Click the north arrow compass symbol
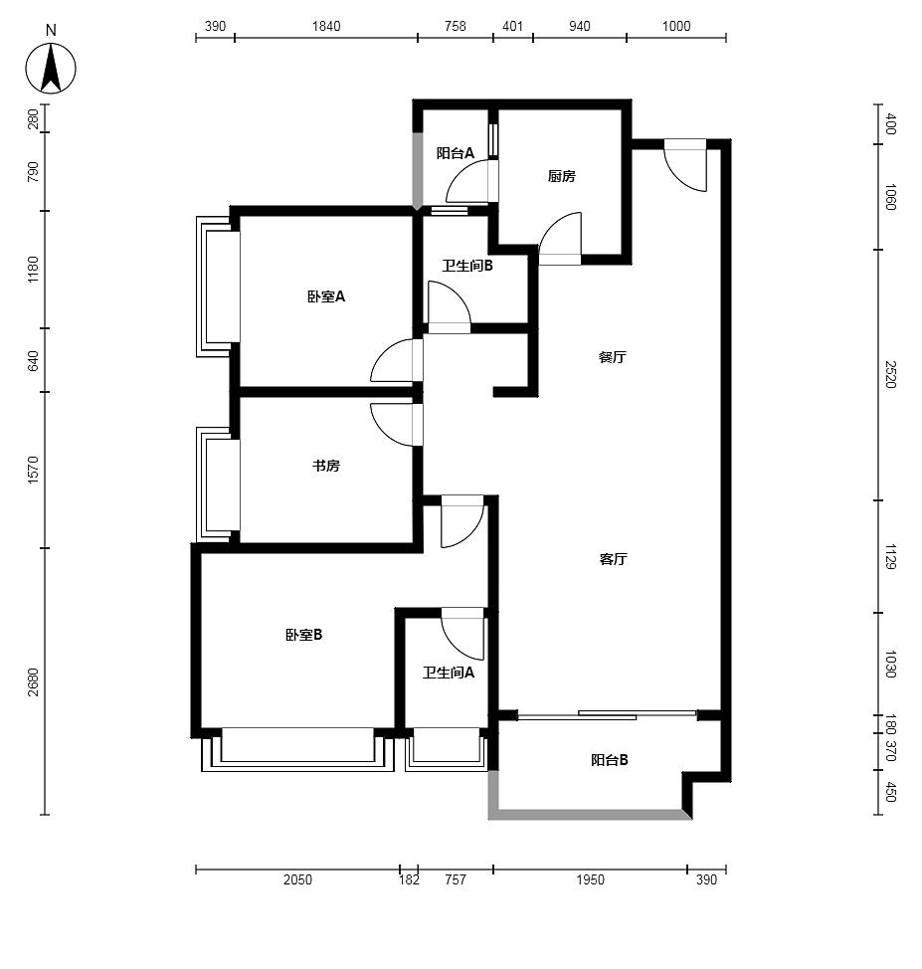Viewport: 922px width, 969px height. [x=51, y=68]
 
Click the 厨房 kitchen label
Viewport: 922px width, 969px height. [x=561, y=177]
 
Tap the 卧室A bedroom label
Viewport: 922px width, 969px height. [x=326, y=296]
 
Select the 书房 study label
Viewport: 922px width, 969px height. [x=325, y=466]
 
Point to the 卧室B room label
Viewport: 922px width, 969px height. [x=304, y=635]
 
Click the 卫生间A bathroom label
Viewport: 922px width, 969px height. [x=448, y=673]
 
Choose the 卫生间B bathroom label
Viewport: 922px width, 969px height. [x=467, y=266]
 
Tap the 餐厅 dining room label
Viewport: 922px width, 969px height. [x=613, y=357]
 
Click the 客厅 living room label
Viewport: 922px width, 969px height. [x=613, y=559]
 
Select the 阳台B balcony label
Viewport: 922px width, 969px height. [x=610, y=760]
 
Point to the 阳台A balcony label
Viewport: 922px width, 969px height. [x=456, y=152]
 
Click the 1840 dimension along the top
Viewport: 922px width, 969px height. [x=326, y=26]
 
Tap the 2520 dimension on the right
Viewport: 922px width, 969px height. [x=890, y=374]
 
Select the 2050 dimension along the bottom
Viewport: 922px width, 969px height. [x=297, y=879]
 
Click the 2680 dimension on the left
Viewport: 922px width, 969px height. [x=33, y=681]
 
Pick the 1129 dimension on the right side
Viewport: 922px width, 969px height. [x=890, y=557]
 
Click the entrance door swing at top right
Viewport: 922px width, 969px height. [x=685, y=165]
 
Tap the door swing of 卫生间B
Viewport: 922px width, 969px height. [x=450, y=307]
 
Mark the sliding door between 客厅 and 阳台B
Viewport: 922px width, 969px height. [x=607, y=715]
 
